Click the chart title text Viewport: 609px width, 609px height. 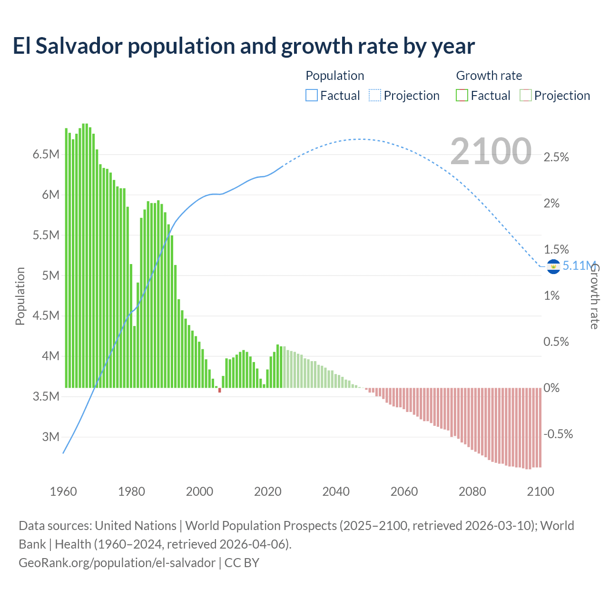click(244, 46)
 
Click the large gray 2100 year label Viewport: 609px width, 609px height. click(491, 151)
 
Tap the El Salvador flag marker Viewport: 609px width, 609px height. click(553, 266)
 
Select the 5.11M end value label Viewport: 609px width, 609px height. click(579, 265)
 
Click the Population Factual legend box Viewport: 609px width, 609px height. click(311, 96)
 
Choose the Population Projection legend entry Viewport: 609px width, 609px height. click(404, 96)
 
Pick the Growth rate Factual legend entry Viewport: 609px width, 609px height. click(483, 96)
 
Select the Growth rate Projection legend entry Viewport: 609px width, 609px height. click(555, 96)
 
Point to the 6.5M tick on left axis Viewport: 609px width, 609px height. click(46, 155)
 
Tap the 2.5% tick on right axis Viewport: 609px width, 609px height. click(556, 157)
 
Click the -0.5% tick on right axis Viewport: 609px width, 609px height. click(558, 434)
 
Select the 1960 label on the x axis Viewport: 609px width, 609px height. click(63, 491)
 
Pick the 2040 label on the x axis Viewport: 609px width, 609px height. click(336, 491)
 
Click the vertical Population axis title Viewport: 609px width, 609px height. click(20, 296)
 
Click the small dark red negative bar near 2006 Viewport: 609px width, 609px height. click(220, 390)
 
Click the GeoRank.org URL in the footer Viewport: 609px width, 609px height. click(117, 563)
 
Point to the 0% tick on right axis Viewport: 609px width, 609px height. click(551, 388)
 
